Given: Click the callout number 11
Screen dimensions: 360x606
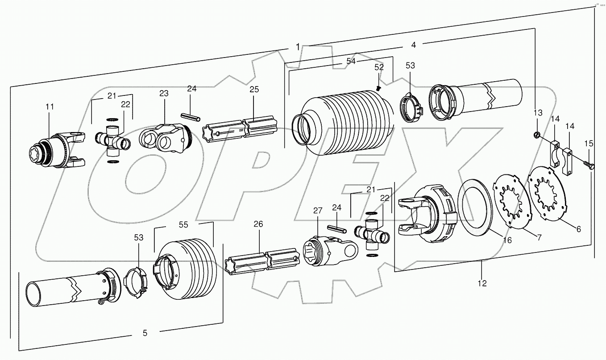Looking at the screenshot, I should coord(49,107).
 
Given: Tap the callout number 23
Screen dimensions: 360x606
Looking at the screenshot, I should coord(164,93).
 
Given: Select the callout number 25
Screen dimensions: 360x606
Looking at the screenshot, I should coord(254,90).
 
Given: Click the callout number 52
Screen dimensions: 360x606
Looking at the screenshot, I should coord(379,67).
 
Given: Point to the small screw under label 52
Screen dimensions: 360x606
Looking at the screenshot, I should coord(378,88).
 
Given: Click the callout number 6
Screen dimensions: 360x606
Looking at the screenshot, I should coord(578,229).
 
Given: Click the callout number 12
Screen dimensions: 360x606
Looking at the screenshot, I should coord(482,283).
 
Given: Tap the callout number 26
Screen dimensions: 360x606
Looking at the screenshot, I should coord(258,224).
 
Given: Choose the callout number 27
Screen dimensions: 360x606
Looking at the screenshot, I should coord(317,210).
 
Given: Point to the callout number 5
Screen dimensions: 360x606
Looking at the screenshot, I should coord(145,332).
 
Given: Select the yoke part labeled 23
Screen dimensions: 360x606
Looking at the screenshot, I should coord(163,137).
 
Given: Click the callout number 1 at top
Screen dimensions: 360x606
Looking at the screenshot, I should coord(298,47).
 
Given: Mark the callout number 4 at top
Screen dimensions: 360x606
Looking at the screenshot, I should coord(413,45).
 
